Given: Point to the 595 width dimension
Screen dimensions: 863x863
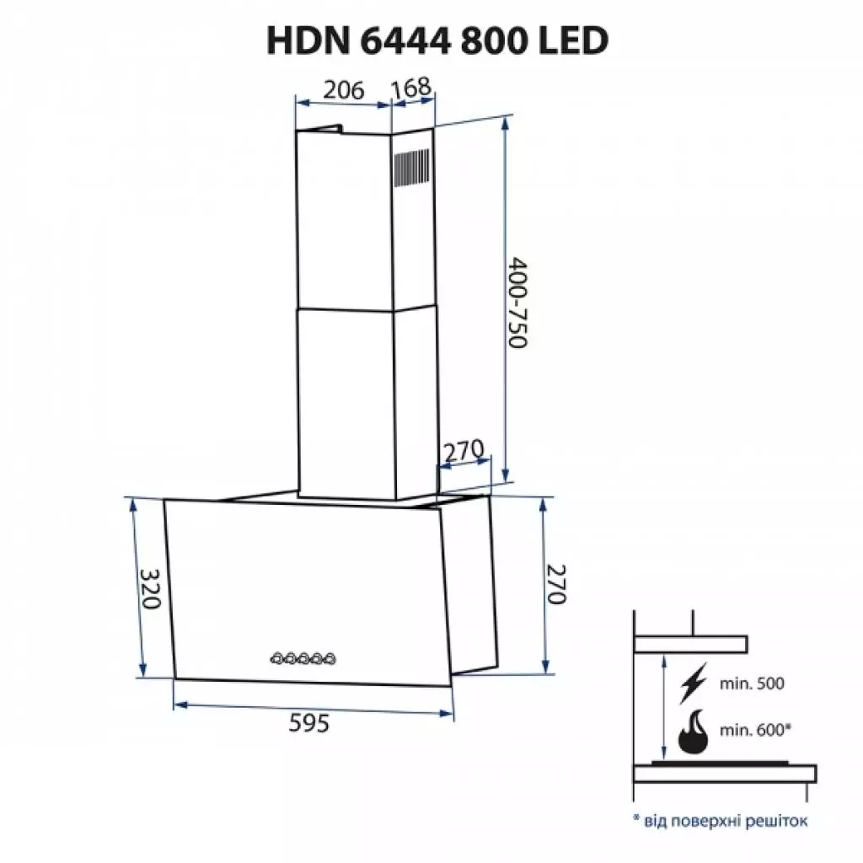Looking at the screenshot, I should click(x=309, y=722).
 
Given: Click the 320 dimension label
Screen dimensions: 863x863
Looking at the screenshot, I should click(x=149, y=590).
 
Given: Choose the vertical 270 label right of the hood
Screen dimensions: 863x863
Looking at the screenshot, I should click(x=554, y=583).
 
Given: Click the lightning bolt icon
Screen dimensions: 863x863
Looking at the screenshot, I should click(x=693, y=684).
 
